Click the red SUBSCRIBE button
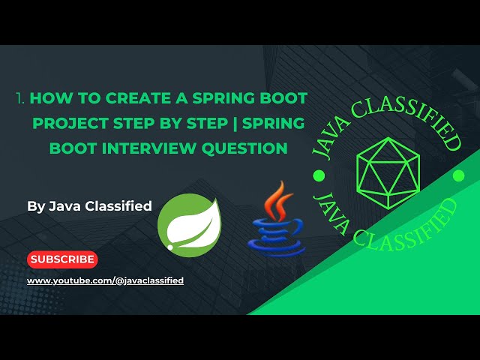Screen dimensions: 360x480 62,259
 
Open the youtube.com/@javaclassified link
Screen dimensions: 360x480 105,280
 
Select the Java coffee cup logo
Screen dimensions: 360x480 275,218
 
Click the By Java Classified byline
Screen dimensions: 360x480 89,205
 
